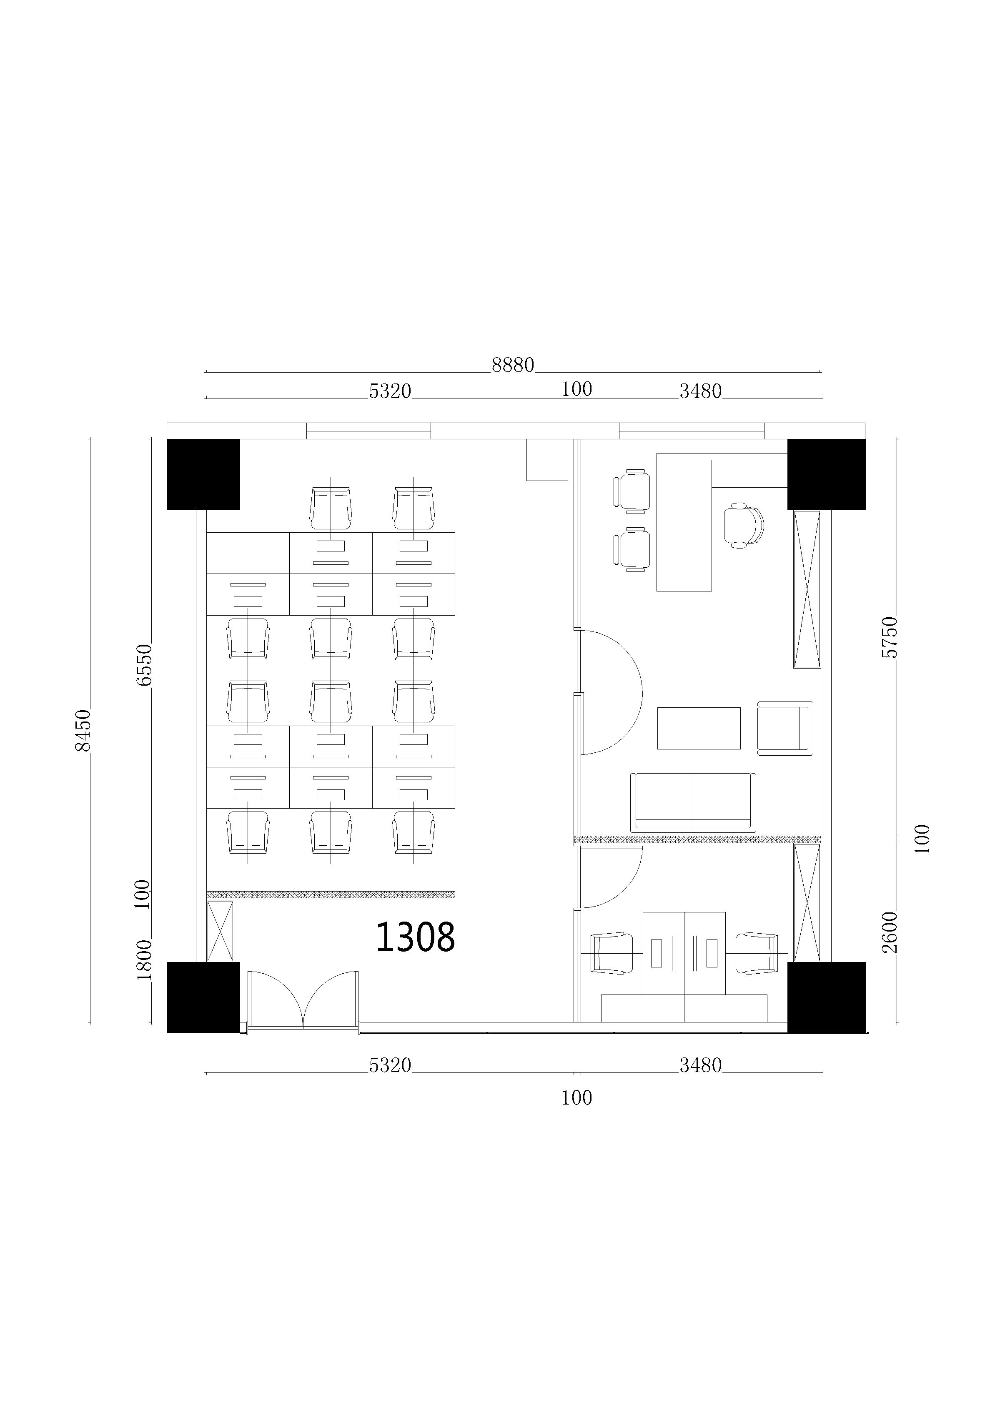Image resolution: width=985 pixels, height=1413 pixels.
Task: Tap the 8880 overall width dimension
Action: pos(513,365)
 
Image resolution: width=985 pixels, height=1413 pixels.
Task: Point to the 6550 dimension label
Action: pos(143,665)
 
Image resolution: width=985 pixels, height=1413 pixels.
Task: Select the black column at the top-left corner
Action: pos(203,474)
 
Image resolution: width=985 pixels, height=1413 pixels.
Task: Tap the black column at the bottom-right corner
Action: pos(826,997)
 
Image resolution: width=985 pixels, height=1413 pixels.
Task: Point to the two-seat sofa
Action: pos(692,802)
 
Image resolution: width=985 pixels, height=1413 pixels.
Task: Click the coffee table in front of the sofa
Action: pos(699,728)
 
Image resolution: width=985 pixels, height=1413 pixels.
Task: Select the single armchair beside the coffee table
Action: pos(785,728)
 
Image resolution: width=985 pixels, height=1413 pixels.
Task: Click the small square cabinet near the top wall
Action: pos(546,460)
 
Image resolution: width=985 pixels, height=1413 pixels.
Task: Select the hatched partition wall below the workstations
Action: pos(331,894)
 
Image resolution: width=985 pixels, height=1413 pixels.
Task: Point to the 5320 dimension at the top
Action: pos(390,391)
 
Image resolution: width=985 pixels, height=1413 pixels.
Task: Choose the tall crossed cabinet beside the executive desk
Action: pos(807,589)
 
